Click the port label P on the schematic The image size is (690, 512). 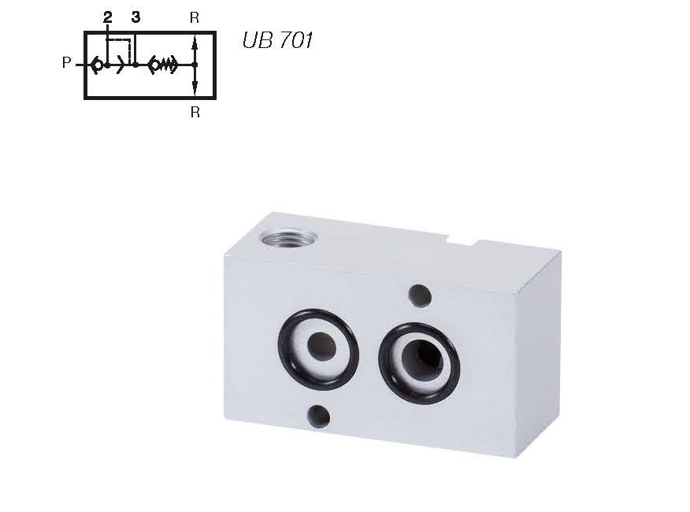[66, 63]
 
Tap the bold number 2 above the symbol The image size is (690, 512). [107, 17]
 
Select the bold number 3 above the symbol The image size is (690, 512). [135, 17]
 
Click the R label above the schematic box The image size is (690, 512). [195, 17]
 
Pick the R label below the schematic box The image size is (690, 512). [195, 113]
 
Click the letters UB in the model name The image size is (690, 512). [257, 40]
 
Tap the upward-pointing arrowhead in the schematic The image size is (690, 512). [195, 44]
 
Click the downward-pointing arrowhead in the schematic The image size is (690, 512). [195, 87]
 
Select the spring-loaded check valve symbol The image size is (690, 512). [163, 65]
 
